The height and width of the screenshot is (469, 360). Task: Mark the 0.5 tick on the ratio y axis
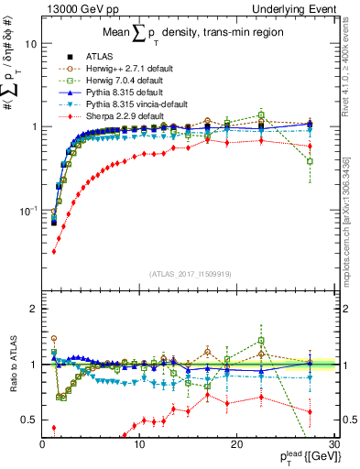tap(29, 420)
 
